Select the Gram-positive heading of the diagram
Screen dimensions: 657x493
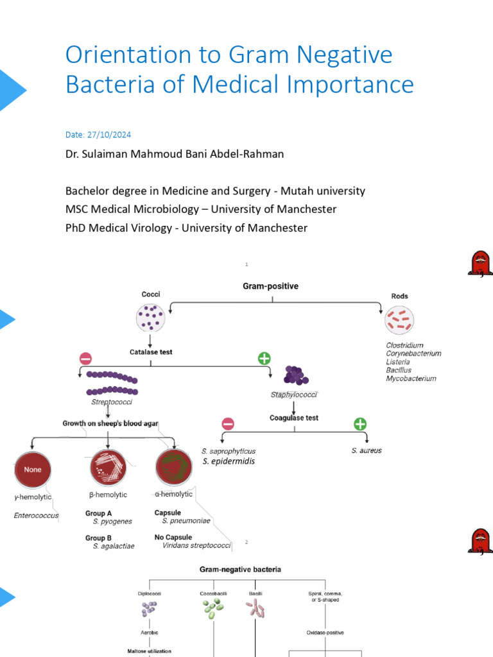coord(270,286)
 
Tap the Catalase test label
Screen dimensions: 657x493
coord(151,352)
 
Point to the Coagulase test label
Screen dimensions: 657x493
coord(294,418)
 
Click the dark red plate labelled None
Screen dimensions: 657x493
coord(32,470)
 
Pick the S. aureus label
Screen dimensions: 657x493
coord(367,450)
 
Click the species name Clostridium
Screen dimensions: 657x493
coord(404,345)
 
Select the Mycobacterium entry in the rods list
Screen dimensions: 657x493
coord(411,379)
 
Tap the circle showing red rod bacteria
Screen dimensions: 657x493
coord(399,320)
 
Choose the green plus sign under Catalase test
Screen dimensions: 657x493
coord(263,357)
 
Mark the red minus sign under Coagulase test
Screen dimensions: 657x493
coord(228,424)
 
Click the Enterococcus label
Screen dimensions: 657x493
coord(36,515)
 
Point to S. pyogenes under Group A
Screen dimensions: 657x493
coord(112,522)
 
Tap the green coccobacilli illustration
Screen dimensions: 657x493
coord(213,610)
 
